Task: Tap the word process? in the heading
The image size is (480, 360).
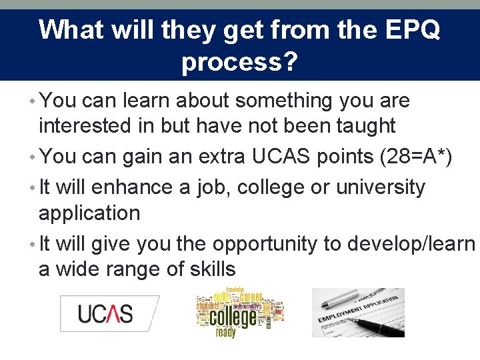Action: (239, 62)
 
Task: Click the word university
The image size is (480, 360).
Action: (380, 187)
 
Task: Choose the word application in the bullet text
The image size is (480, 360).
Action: (89, 213)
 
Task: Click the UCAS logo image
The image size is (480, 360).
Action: (107, 313)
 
